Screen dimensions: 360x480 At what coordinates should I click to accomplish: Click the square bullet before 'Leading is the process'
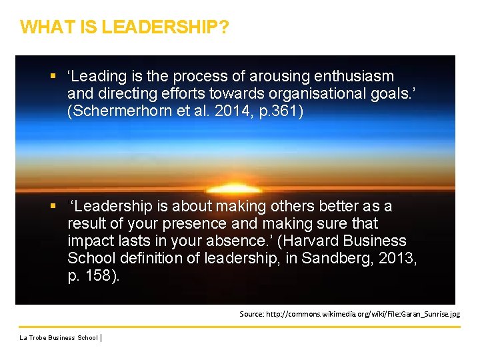pyautogui.click(x=53, y=76)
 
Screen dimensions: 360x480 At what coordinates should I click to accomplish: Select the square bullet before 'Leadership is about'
pyautogui.click(x=53, y=206)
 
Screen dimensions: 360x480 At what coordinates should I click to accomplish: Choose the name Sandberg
pyautogui.click(x=332, y=258)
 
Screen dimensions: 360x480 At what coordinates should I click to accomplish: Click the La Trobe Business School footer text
pyautogui.click(x=59, y=338)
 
